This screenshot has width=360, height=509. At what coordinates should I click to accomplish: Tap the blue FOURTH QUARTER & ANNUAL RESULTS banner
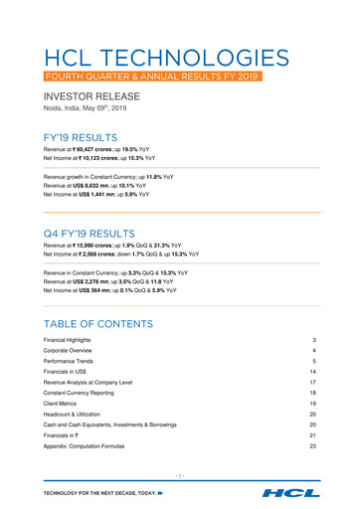coord(153,77)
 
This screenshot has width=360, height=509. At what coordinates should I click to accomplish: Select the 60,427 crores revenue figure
coord(102,151)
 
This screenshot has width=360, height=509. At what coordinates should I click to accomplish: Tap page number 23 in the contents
coord(312,449)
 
